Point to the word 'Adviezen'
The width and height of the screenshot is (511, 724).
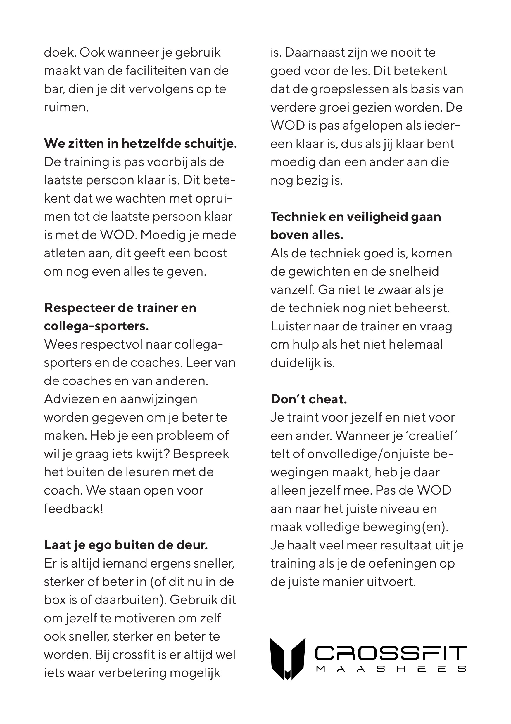(68, 399)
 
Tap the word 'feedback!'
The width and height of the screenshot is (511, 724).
(74, 509)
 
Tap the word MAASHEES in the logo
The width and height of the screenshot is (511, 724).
(391, 669)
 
